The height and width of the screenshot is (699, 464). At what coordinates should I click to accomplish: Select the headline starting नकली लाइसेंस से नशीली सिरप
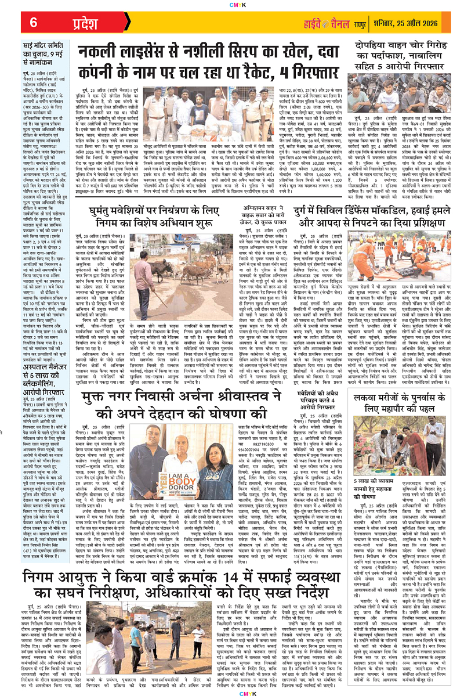211,60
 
